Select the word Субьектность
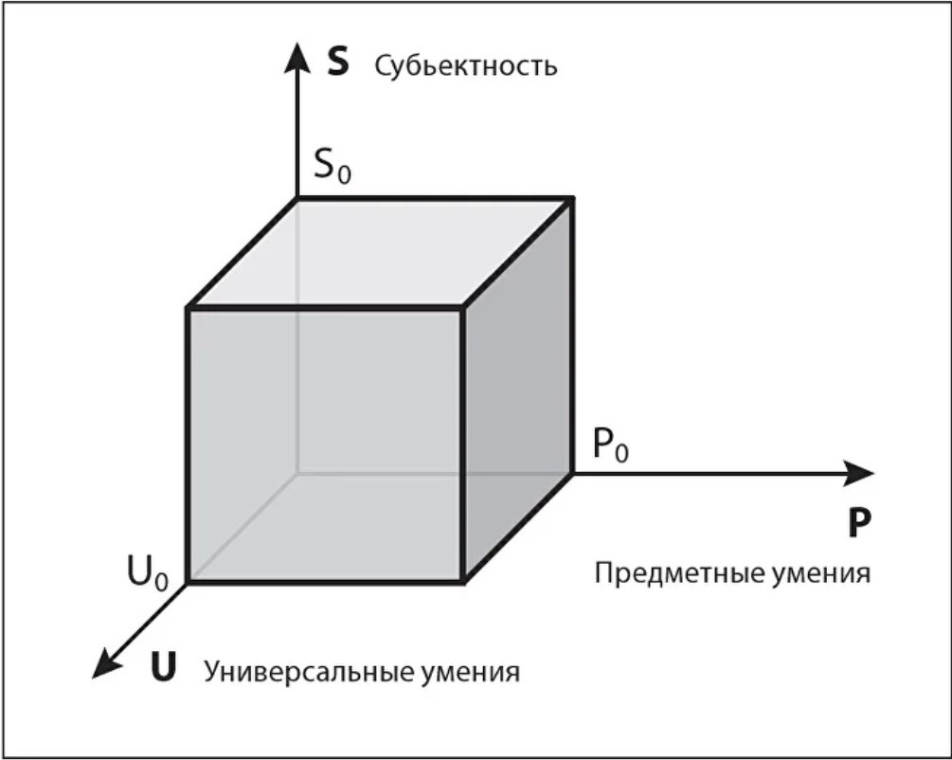465,67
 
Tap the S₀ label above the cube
332,169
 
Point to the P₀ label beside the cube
610,444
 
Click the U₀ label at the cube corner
148,573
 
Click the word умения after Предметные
818,574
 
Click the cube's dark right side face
517,393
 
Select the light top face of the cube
379,252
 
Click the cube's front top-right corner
462,307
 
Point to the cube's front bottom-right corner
462,580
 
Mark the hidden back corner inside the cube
297,472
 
